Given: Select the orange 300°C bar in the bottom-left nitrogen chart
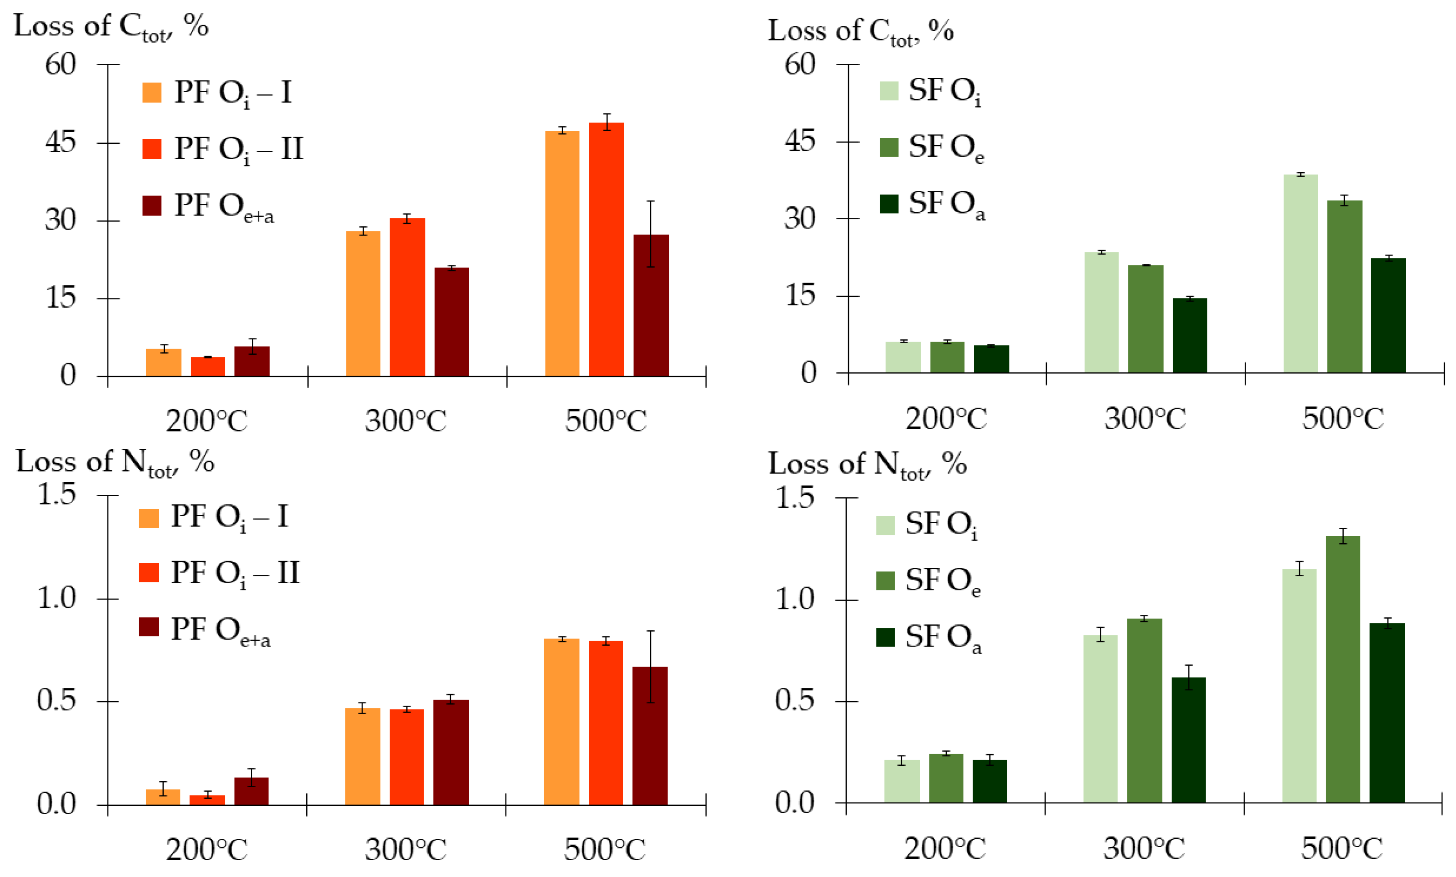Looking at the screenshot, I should pyautogui.click(x=362, y=756).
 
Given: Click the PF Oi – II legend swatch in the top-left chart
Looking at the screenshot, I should pyautogui.click(x=152, y=149).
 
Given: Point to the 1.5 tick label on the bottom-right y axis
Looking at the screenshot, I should pyautogui.click(x=794, y=498).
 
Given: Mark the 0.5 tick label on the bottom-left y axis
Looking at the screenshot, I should pyautogui.click(x=56, y=701).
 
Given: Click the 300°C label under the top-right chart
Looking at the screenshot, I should pyautogui.click(x=1145, y=419).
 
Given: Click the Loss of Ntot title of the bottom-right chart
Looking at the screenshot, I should pyautogui.click(x=866, y=464).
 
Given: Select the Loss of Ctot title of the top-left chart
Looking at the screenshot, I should pyautogui.click(x=110, y=27).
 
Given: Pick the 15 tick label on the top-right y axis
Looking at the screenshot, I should pyautogui.click(x=800, y=295).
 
